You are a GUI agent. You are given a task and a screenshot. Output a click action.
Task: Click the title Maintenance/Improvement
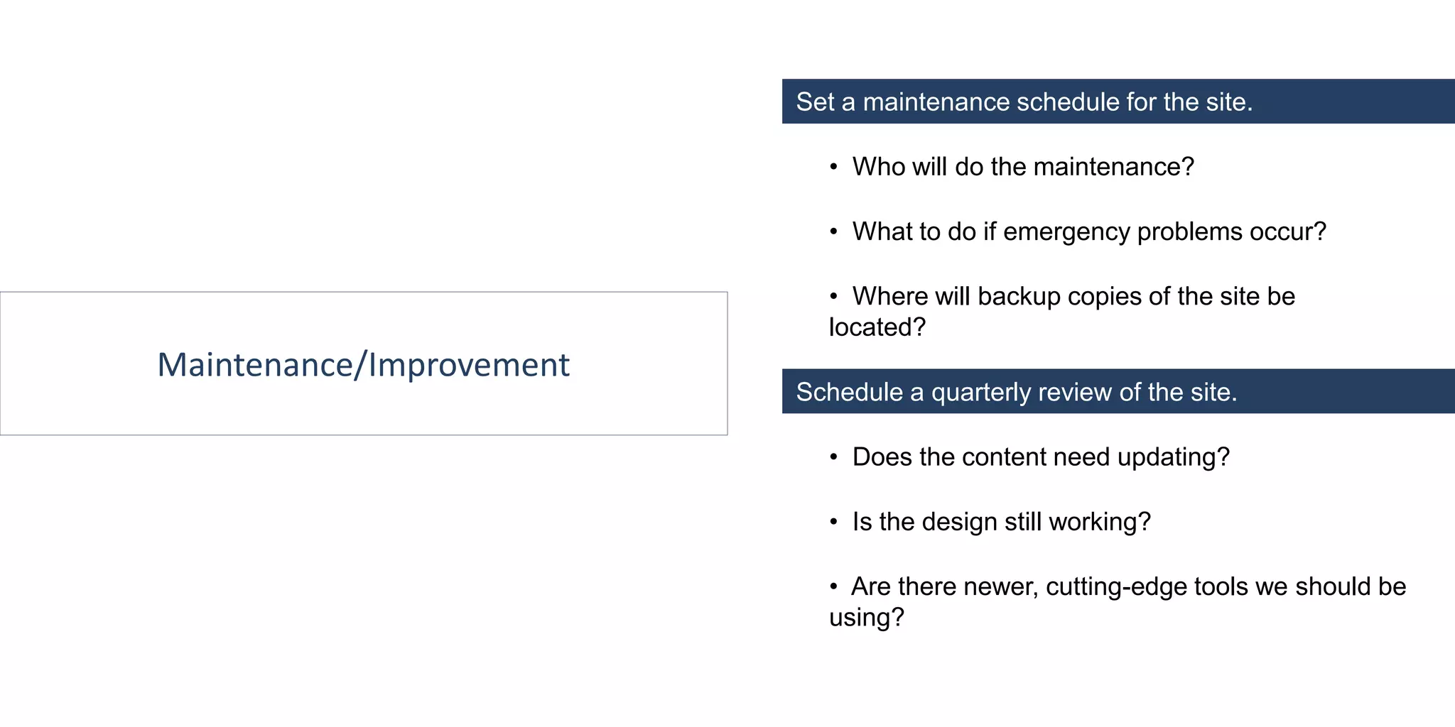[363, 364]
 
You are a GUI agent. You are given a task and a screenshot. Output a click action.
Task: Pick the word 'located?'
[877, 327]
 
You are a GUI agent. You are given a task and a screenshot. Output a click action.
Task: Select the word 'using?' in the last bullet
[866, 618]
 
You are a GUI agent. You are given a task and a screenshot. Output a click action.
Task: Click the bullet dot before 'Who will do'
[834, 167]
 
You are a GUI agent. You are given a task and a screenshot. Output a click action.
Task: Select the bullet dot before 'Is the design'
[834, 523]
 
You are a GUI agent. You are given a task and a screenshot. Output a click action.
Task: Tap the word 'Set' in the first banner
[814, 102]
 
